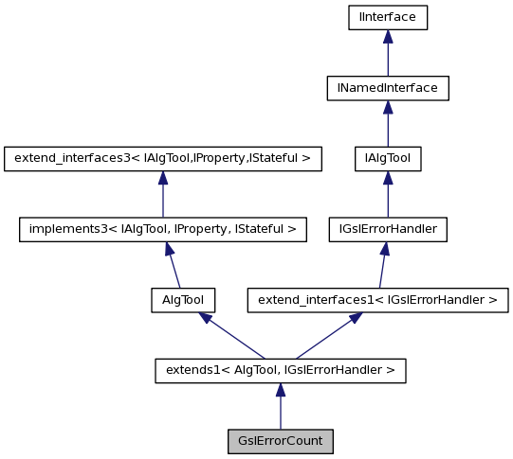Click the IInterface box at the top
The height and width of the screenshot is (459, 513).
[387, 17]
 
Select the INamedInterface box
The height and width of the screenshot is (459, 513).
[387, 88]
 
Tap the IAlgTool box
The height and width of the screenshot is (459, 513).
[387, 159]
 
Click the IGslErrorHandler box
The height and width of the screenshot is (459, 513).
[387, 229]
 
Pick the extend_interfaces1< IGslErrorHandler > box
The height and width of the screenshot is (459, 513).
[377, 300]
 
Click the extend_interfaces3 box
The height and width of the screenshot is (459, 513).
[162, 159]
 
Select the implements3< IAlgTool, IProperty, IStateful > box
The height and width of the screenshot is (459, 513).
[162, 229]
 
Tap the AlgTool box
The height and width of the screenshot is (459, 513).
[183, 300]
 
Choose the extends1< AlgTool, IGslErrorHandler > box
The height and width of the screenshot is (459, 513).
[280, 371]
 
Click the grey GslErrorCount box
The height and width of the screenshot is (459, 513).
[280, 441]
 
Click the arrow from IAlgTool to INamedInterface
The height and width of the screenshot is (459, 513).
[387, 124]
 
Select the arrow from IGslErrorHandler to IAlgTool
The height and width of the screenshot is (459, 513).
[387, 195]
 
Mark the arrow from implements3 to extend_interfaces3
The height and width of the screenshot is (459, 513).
[162, 195]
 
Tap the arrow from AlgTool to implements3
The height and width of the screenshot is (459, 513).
[172, 266]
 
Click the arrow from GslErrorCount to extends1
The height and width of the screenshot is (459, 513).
[280, 407]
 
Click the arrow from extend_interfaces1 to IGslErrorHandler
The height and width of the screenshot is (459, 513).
[382, 266]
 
